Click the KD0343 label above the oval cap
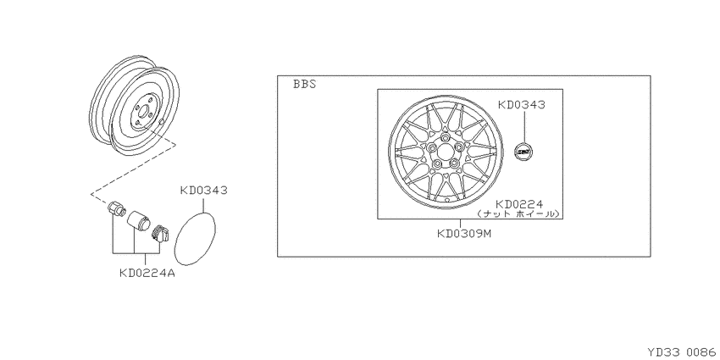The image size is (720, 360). tap(203, 190)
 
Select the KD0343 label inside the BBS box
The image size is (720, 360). tap(522, 105)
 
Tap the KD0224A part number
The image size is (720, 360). tap(147, 274)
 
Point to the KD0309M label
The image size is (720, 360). tap(464, 233)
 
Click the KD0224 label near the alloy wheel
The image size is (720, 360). tap(519, 204)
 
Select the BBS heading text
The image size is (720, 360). tap(305, 85)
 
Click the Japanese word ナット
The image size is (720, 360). tap(494, 214)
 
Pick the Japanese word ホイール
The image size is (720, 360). tap(535, 214)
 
